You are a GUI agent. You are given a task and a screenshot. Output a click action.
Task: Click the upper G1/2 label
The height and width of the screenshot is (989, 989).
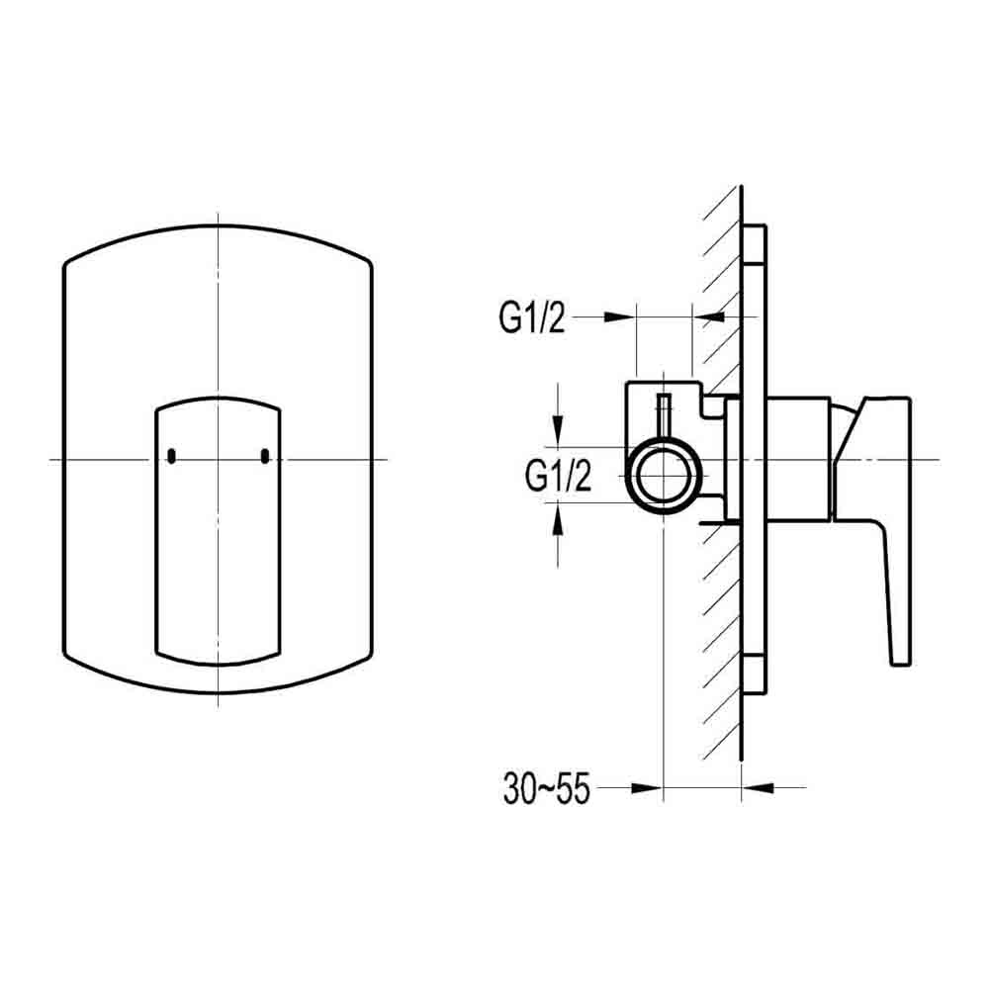point(531,318)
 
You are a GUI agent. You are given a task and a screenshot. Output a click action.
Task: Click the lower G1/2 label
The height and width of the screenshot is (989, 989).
point(559,477)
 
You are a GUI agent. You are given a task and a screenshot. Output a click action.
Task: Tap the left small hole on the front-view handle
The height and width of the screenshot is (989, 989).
point(171,456)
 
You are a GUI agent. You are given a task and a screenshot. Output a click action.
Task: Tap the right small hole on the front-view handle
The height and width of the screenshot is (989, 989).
point(264,456)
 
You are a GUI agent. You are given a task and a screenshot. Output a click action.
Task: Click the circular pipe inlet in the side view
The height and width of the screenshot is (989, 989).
point(664,474)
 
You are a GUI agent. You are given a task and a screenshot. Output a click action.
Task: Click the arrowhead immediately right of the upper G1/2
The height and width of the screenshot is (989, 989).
point(619,316)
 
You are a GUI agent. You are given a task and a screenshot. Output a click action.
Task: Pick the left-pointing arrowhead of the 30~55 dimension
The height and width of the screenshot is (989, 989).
point(756,787)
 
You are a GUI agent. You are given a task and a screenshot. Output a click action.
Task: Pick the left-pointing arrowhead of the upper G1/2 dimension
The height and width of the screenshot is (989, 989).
point(709,316)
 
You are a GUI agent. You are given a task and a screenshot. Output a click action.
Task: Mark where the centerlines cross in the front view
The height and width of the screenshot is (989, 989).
point(218,460)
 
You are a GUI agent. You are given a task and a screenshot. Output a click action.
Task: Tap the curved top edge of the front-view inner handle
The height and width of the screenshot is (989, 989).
point(218,400)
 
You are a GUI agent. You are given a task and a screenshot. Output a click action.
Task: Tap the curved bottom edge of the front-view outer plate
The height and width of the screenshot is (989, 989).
point(218,691)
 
